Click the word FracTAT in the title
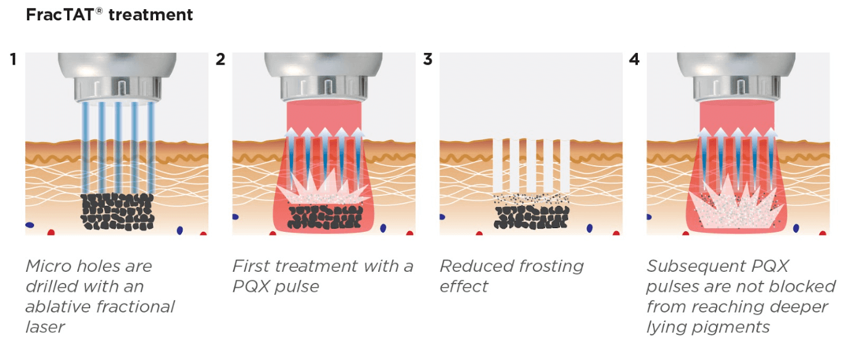click(x=60, y=15)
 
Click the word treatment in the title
click(x=150, y=15)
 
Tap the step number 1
click(x=14, y=59)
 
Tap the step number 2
click(x=220, y=59)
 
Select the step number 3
click(x=427, y=59)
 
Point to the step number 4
click(x=635, y=59)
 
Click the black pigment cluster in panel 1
click(x=117, y=212)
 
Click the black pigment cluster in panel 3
click(x=531, y=218)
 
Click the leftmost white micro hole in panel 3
click(x=498, y=166)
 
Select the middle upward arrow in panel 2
click(x=325, y=158)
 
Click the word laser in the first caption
click(x=45, y=327)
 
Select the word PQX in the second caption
click(x=251, y=287)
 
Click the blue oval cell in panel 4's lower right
click(x=796, y=228)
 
